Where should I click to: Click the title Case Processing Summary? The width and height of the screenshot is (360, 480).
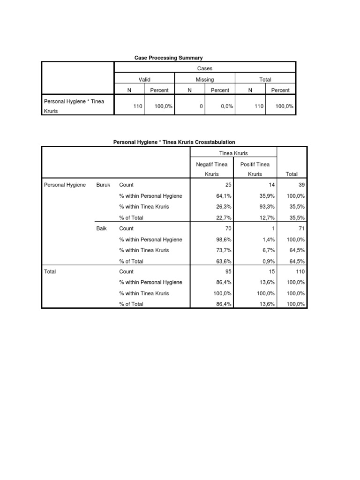pyautogui.click(x=168, y=58)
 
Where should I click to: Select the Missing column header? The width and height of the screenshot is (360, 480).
pyautogui.click(x=204, y=80)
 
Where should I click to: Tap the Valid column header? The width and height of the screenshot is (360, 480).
pyautogui.click(x=144, y=80)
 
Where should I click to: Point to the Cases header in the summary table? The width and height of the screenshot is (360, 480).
pyautogui.click(x=205, y=68)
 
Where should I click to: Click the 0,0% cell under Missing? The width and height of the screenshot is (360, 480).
pyautogui.click(x=220, y=106)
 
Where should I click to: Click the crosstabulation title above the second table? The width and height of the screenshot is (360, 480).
pyautogui.click(x=174, y=142)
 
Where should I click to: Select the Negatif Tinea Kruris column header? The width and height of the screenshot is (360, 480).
pyautogui.click(x=212, y=169)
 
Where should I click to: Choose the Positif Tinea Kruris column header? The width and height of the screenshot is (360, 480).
pyautogui.click(x=255, y=169)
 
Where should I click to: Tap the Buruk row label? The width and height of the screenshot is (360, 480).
pyautogui.click(x=103, y=185)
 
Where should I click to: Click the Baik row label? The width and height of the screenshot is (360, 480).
pyautogui.click(x=102, y=228)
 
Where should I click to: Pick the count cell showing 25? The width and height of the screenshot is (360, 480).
pyautogui.click(x=228, y=185)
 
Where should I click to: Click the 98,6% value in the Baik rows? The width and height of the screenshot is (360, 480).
pyautogui.click(x=224, y=240)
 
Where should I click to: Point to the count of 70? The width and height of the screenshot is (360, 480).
pyautogui.click(x=228, y=228)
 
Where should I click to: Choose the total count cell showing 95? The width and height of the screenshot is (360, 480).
pyautogui.click(x=228, y=271)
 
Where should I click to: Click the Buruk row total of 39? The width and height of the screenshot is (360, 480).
pyautogui.click(x=300, y=185)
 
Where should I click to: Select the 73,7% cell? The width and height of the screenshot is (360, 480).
pyautogui.click(x=224, y=250)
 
